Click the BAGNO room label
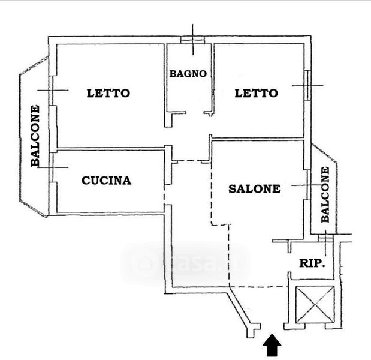coord(188,74)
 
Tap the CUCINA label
coord(107,181)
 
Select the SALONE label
coord(255,189)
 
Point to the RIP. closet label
coord(312,263)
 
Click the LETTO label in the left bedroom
coord(108,93)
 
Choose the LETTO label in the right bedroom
coord(257,93)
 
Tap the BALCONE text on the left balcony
coord(35,136)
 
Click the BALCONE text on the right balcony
coord(325,194)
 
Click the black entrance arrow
coord(272,345)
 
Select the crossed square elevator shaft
coord(315,304)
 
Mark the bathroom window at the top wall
coord(192,40)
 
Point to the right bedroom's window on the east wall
coord(307,85)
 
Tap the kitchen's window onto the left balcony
coord(51,167)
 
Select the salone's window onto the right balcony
coord(308,185)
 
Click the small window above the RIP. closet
coord(326,238)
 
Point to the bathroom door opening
coord(195,113)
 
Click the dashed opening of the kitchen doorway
coord(164,194)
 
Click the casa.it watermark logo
coord(186,263)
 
